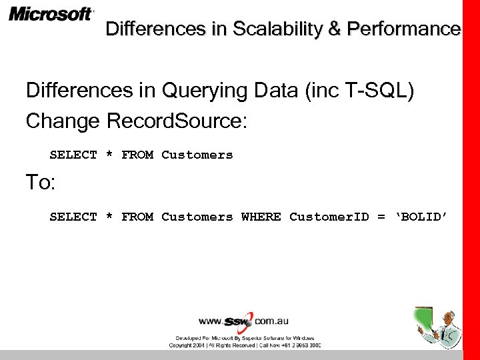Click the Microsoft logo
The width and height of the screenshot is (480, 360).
pos(51,14)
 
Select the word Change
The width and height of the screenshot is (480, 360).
pos(63,121)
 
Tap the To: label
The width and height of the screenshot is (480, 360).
pos(39,183)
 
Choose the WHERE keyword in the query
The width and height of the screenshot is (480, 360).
pos(261,217)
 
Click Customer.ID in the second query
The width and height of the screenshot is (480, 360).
pos(329,217)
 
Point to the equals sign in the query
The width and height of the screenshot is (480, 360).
pos(381,217)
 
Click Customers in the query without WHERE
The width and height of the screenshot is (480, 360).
pos(197,155)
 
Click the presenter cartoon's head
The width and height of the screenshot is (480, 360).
pos(450,316)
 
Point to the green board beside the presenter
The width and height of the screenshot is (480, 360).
pos(424,319)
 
